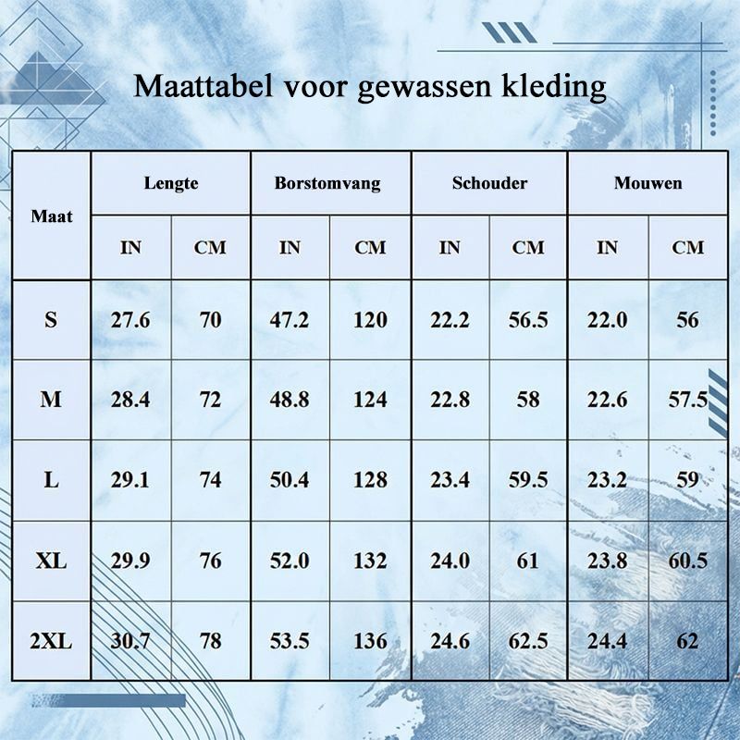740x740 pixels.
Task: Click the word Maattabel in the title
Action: (x=203, y=86)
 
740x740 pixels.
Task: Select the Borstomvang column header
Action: (x=327, y=183)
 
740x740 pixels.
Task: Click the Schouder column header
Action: (x=490, y=182)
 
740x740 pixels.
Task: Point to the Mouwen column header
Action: (x=648, y=182)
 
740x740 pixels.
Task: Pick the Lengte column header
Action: (x=171, y=183)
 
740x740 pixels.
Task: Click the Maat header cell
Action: (x=52, y=216)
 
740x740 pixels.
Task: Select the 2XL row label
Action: (x=51, y=641)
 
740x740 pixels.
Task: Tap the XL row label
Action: (x=51, y=561)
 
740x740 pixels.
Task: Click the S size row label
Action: (x=51, y=320)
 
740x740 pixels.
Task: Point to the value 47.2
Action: (x=290, y=320)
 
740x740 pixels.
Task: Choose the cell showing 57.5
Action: (x=687, y=400)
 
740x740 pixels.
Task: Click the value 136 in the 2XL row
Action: (x=371, y=641)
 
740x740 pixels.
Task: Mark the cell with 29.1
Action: (x=130, y=480)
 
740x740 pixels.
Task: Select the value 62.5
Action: (x=528, y=641)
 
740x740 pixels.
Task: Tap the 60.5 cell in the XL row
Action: (x=687, y=561)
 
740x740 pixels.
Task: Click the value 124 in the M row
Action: (x=371, y=400)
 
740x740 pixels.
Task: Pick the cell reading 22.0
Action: (x=608, y=320)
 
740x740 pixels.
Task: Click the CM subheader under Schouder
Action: (x=528, y=247)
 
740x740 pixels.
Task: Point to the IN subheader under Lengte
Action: (x=130, y=247)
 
